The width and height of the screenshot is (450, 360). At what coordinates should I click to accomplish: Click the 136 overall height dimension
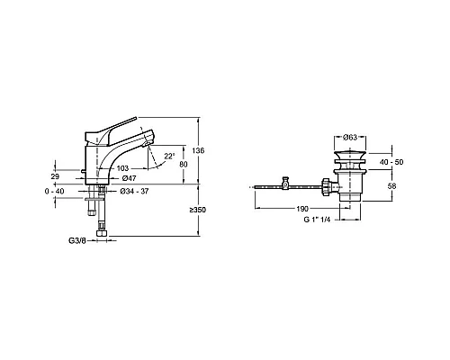(x=198, y=150)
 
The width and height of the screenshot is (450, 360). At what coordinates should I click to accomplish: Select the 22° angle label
(x=169, y=157)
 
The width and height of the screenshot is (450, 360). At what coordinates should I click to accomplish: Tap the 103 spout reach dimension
(x=122, y=168)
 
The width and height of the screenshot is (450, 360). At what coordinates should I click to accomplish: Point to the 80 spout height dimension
(x=184, y=165)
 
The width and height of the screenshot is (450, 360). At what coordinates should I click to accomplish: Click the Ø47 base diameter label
(x=129, y=178)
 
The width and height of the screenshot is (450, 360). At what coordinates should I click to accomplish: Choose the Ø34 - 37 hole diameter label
(x=134, y=191)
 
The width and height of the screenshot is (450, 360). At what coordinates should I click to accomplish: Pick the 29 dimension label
(x=55, y=176)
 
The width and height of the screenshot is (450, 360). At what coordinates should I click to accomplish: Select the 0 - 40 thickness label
(x=54, y=191)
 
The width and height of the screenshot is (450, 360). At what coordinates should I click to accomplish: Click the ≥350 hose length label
(x=197, y=210)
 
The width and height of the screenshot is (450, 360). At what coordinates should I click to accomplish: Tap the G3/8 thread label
(x=77, y=240)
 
